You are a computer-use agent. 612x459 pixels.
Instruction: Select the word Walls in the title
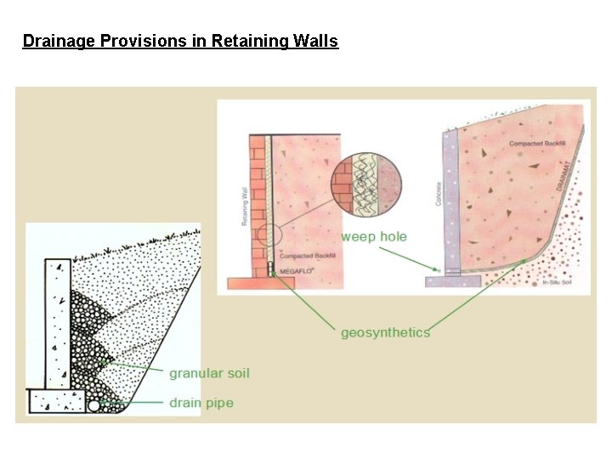[314, 41]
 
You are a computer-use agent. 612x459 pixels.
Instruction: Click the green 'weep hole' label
[374, 236]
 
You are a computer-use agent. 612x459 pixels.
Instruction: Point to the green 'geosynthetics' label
[385, 332]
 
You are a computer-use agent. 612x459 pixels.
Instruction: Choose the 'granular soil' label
[209, 372]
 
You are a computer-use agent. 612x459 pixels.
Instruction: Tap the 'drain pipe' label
[201, 402]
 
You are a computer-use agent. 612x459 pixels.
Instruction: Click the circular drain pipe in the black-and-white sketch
[93, 405]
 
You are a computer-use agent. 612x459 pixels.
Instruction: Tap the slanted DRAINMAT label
[563, 177]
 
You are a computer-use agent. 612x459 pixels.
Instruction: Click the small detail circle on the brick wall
[269, 235]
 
